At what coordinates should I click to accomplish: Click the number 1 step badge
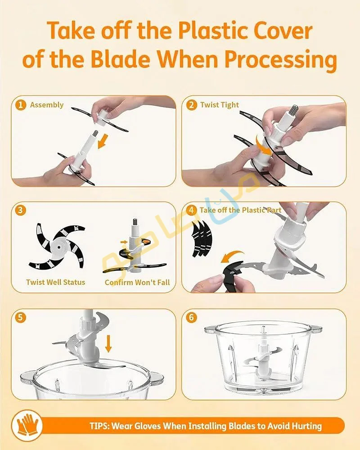pos(20,105)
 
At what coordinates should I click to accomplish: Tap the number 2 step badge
pos(192,105)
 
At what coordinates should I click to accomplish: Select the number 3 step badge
pos(20,210)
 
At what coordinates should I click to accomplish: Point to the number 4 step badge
pos(192,210)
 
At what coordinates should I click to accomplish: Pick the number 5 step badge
pos(20,318)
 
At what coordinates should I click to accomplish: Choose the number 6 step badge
pos(192,318)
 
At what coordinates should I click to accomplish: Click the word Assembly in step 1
pos(47,105)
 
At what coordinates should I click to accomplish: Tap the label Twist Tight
pos(220,105)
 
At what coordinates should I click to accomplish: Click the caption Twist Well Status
pos(56,282)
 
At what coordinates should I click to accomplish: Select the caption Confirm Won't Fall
pos(137,282)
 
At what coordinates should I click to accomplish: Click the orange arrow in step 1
pos(103,141)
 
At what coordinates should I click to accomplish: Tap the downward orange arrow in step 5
pos(108,343)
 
